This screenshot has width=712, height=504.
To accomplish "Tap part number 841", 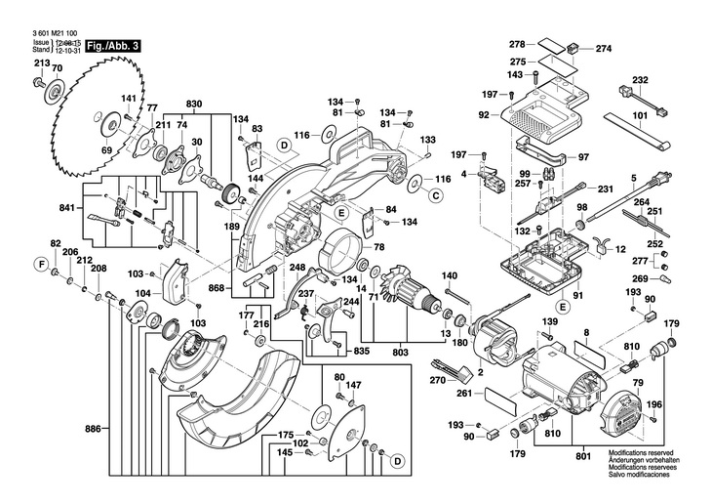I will pyautogui.click(x=66, y=209).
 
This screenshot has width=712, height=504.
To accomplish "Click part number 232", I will pyautogui.click(x=640, y=80).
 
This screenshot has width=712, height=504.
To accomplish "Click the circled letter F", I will pyautogui.click(x=41, y=264).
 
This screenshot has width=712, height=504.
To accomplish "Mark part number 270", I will pyautogui.click(x=437, y=380).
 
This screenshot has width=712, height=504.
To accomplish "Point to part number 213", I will pyautogui.click(x=40, y=63).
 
